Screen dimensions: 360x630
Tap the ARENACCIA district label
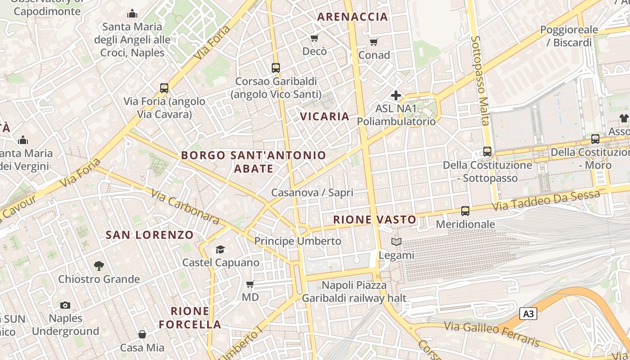tap(352, 17)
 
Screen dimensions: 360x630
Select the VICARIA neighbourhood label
tap(324, 117)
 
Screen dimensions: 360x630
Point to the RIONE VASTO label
tap(374, 220)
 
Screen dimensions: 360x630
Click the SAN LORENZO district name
tap(149, 234)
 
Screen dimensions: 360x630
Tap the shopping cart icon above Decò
tap(315, 38)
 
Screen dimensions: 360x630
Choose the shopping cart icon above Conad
tap(373, 42)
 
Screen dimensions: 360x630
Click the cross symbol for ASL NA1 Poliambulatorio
tap(396, 95)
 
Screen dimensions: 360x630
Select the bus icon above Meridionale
tap(465, 211)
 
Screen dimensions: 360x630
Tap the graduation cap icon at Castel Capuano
tap(220, 249)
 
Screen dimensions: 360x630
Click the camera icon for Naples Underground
tap(65, 306)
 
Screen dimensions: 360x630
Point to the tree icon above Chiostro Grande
tap(99, 266)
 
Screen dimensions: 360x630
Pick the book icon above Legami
tap(396, 242)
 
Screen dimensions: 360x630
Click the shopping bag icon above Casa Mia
tap(142, 334)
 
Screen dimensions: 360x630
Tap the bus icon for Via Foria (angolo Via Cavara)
tap(164, 88)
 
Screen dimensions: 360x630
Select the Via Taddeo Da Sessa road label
tap(546, 201)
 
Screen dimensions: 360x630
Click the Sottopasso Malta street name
tap(480, 81)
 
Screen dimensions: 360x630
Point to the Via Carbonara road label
tap(185, 207)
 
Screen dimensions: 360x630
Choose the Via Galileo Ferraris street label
tap(492, 333)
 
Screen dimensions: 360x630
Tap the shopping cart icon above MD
tap(250, 284)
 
